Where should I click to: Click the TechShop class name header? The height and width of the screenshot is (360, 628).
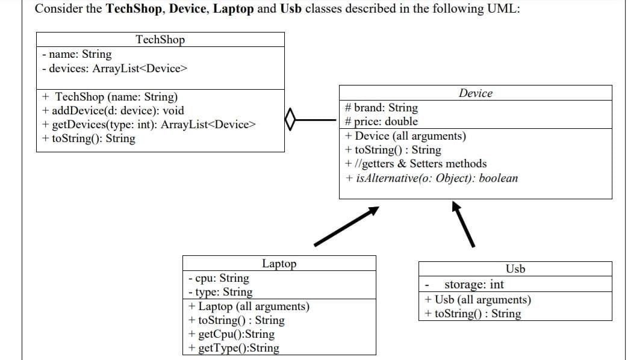point(160,40)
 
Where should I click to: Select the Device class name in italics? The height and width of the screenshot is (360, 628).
point(475,93)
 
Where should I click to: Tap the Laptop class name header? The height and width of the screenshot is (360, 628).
point(279,264)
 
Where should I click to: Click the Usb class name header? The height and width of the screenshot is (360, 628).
point(515,268)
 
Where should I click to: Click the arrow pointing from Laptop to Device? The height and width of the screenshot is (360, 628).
point(346,226)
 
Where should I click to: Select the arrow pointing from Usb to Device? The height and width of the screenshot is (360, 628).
point(464,223)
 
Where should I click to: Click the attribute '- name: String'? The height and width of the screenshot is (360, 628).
point(77,54)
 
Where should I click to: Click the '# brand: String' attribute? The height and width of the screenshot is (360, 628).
point(381,108)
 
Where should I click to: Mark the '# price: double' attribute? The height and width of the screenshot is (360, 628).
point(381,122)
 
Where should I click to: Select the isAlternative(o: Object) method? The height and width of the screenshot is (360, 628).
point(431,178)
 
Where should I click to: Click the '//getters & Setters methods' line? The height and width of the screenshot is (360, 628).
point(416,164)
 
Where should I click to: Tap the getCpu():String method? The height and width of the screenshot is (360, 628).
point(231,334)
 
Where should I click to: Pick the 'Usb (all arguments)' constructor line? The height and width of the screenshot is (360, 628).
point(477,299)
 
